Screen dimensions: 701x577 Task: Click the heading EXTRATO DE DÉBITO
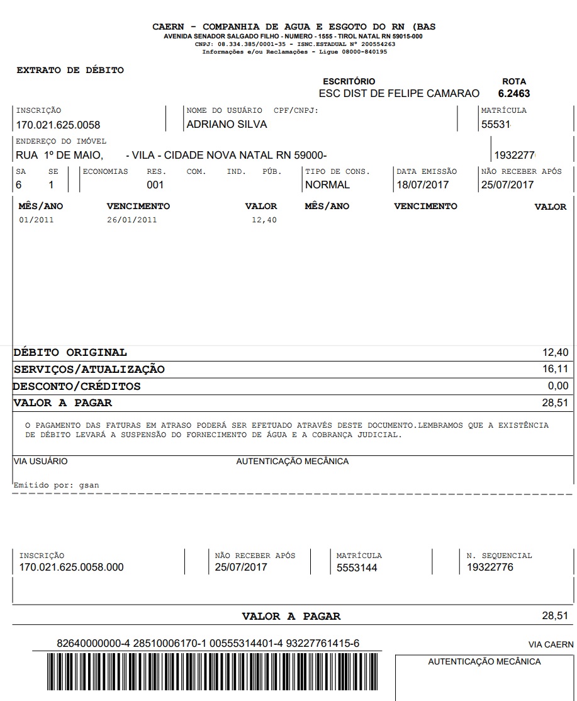(70, 71)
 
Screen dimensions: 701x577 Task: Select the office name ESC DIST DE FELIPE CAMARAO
(399, 94)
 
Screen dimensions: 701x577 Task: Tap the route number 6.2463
(514, 94)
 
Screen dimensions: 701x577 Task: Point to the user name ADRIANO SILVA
(227, 125)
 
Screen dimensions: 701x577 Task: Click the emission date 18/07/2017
(422, 185)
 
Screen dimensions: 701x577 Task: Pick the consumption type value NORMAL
(327, 185)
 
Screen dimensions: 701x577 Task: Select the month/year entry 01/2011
(36, 220)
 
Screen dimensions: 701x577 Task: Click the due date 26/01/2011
(132, 220)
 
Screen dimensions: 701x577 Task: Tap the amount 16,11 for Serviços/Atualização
(555, 369)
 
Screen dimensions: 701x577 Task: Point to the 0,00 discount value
(557, 386)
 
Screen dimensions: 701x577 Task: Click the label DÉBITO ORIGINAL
(70, 353)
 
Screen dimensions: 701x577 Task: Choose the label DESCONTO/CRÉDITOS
(77, 387)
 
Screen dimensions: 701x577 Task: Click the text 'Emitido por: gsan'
(56, 486)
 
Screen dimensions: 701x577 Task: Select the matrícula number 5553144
(357, 567)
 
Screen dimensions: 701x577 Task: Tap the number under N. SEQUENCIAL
(490, 567)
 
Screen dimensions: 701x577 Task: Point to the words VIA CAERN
(551, 645)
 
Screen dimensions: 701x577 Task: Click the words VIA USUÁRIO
(40, 462)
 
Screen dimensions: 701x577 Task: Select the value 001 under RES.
(155, 185)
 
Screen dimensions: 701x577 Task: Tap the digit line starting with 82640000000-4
(208, 644)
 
